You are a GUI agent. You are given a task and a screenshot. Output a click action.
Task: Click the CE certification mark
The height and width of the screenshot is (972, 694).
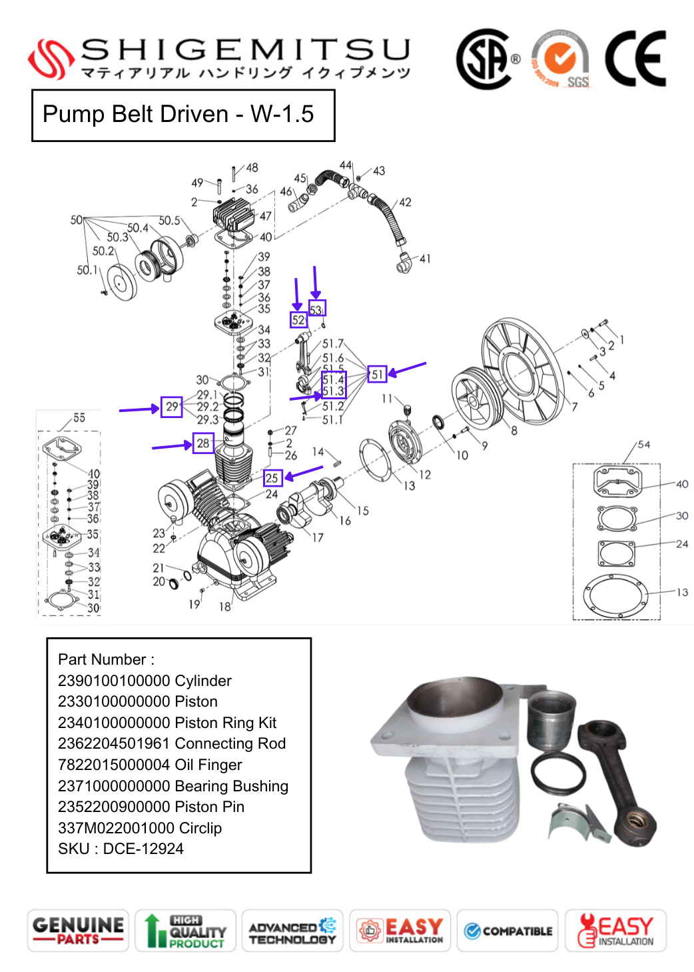point(635,59)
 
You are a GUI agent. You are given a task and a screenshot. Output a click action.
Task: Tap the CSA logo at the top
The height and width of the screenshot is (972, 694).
point(485,59)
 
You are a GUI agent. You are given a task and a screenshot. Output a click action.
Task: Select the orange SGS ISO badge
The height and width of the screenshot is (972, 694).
point(560,59)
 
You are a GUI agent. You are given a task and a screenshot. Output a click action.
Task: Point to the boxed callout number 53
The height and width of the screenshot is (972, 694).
point(316,309)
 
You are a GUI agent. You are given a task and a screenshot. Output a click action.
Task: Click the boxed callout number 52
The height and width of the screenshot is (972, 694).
point(298,320)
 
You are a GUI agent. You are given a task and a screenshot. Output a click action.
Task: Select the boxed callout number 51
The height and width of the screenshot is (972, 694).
point(377,374)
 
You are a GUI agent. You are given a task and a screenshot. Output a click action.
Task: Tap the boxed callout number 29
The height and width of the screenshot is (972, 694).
point(172,407)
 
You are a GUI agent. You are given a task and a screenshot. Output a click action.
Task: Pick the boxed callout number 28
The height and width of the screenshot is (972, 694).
point(203,443)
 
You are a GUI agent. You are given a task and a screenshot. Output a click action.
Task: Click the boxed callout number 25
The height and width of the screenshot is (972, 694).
point(272,478)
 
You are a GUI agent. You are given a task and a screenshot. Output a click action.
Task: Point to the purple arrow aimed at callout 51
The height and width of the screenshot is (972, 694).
point(407,369)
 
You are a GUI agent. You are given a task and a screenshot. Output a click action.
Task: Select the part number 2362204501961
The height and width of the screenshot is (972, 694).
point(114,743)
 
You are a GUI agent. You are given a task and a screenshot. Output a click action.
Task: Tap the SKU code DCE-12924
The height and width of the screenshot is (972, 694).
point(143,849)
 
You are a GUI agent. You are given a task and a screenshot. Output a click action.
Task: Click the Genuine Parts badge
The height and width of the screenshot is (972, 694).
point(78,931)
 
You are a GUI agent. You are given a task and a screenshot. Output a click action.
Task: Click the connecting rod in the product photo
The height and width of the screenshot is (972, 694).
point(616,780)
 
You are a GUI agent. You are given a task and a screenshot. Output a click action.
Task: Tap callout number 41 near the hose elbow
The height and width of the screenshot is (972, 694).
point(425,259)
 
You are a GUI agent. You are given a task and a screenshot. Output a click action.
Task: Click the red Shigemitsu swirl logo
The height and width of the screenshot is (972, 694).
point(51,59)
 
